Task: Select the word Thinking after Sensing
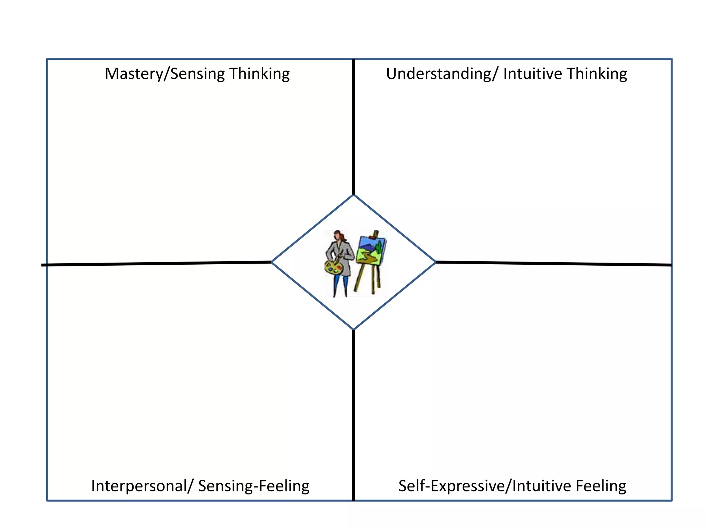pyautogui.click(x=259, y=74)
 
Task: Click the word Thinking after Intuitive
pyautogui.click(x=597, y=74)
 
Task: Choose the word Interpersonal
pyautogui.click(x=139, y=486)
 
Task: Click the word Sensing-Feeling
pyautogui.click(x=254, y=486)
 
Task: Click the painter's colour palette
pyautogui.click(x=333, y=267)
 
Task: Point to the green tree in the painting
pyautogui.click(x=379, y=247)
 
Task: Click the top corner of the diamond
pyautogui.click(x=353, y=195)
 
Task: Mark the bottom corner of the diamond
pyautogui.click(x=353, y=329)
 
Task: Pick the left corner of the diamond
pyautogui.click(x=272, y=262)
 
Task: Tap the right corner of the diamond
pyautogui.click(x=435, y=262)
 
